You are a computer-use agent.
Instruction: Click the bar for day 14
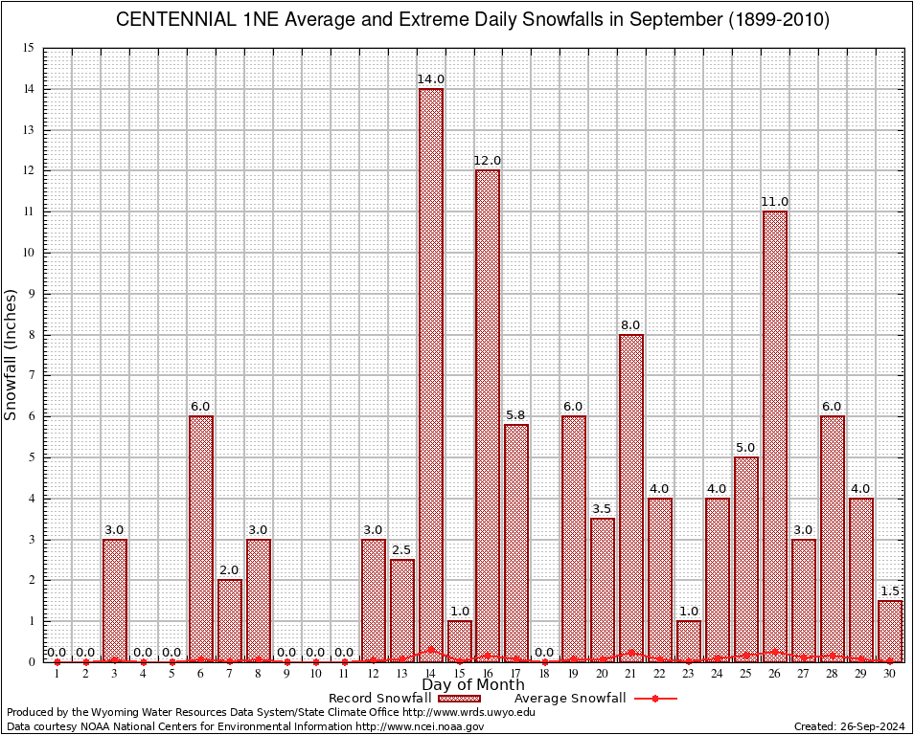pyautogui.click(x=430, y=373)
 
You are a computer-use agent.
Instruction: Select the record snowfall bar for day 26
pyautogui.click(x=775, y=435)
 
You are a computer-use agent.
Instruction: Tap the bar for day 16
pyautogui.click(x=488, y=415)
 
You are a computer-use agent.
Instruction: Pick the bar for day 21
pyautogui.click(x=631, y=498)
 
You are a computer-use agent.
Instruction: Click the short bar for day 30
pyautogui.click(x=890, y=631)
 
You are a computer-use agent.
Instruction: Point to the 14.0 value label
pyautogui.click(x=430, y=78)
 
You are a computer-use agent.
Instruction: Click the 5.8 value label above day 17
pyautogui.click(x=516, y=414)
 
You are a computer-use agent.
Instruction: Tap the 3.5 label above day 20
pyautogui.click(x=603, y=508)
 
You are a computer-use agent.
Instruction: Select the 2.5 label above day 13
pyautogui.click(x=402, y=549)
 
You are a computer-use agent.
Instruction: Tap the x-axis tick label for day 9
pyautogui.click(x=286, y=674)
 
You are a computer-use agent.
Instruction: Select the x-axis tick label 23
pyautogui.click(x=689, y=674)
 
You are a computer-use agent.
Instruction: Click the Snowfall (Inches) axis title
pyautogui.click(x=11, y=354)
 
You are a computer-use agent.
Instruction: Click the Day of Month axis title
pyautogui.click(x=473, y=684)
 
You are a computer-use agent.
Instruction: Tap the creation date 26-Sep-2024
pyautogui.click(x=871, y=726)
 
